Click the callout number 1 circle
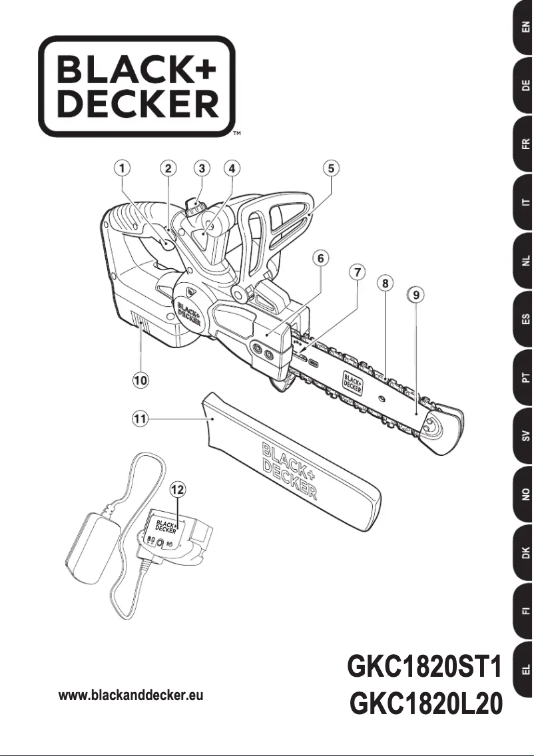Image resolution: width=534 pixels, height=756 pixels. [123, 168]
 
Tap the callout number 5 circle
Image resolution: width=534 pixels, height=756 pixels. [331, 168]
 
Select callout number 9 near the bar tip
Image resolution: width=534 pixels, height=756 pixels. [416, 293]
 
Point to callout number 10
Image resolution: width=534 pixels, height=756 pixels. [140, 380]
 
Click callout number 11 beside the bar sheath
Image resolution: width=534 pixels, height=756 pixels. [140, 419]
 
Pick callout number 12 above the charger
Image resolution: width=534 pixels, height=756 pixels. [177, 490]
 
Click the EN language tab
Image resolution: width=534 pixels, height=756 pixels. [525, 27]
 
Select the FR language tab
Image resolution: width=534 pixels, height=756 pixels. [525, 143]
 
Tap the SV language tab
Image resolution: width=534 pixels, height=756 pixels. [525, 437]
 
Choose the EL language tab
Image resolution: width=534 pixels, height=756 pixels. [525, 668]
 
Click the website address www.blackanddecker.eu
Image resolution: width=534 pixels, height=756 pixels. [131, 695]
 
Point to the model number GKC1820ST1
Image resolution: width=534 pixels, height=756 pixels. [423, 668]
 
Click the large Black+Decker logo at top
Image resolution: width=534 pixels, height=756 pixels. [137, 86]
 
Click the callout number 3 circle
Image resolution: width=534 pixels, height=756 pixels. [202, 168]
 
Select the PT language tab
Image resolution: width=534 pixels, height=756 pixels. [525, 379]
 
